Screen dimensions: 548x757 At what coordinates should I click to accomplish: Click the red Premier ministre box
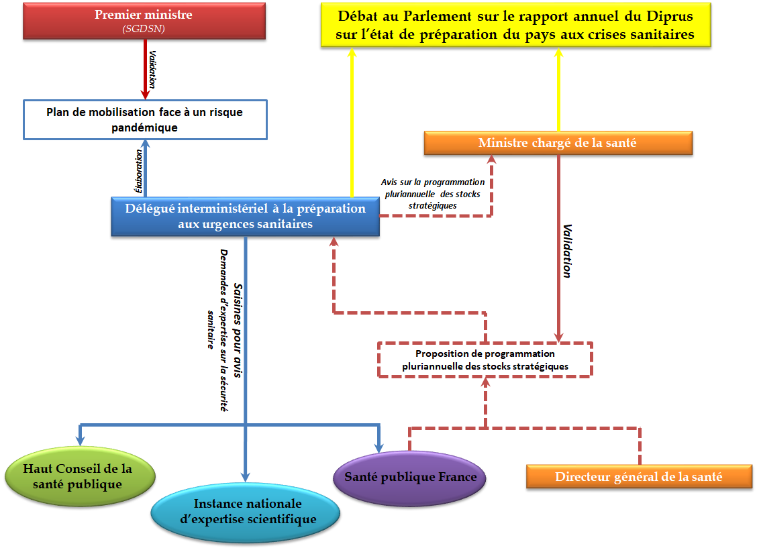click(144, 21)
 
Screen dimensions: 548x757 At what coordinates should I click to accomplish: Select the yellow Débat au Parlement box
click(515, 25)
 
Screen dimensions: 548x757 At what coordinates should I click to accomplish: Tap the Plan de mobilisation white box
click(144, 119)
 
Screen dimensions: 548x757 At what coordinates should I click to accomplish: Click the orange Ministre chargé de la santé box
click(558, 143)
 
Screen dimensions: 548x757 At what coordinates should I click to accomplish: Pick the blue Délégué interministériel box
click(245, 216)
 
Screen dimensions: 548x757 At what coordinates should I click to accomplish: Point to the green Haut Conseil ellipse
click(80, 476)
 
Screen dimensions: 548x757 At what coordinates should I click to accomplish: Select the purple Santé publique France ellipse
click(410, 478)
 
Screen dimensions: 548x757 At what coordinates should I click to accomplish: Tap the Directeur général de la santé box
click(638, 477)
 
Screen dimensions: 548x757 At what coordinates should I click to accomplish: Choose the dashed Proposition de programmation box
click(485, 360)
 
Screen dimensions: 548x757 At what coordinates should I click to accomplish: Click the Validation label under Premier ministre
click(152, 69)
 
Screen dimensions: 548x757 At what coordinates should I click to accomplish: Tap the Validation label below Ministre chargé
click(567, 252)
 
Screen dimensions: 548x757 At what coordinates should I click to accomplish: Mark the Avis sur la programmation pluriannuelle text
click(432, 193)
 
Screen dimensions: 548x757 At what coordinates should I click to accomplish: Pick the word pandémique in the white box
click(144, 127)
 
